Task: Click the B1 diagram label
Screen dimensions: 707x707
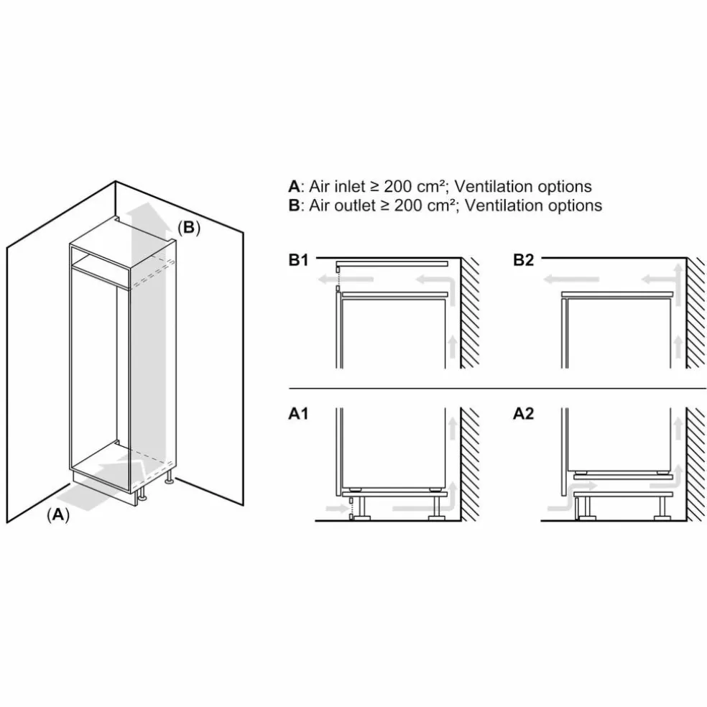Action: (x=298, y=260)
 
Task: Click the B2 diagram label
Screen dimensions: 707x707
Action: (x=524, y=260)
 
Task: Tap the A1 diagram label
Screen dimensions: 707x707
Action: (x=298, y=413)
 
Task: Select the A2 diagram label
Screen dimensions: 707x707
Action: (x=524, y=413)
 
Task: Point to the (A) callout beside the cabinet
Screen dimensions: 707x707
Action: (x=58, y=514)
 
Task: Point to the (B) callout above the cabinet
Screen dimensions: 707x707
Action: (x=189, y=228)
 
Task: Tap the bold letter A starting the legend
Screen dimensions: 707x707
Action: (x=294, y=186)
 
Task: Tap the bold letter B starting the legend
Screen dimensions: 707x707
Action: (x=294, y=205)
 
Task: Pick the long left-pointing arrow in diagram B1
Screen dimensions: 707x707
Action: (x=346, y=279)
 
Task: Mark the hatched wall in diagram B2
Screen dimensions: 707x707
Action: (x=696, y=313)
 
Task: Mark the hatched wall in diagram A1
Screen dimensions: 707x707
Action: (x=470, y=464)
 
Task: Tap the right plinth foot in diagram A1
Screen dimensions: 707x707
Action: (x=436, y=508)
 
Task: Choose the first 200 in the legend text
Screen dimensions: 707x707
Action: (x=398, y=186)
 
